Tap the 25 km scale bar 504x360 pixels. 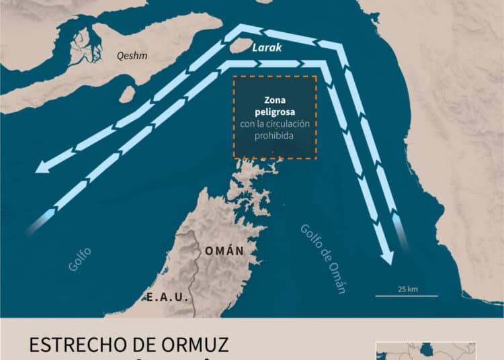(407, 296)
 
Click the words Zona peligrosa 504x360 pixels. (275, 107)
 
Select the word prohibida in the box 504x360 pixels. (275, 136)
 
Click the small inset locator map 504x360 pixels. (425, 350)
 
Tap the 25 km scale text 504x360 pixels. (407, 289)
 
